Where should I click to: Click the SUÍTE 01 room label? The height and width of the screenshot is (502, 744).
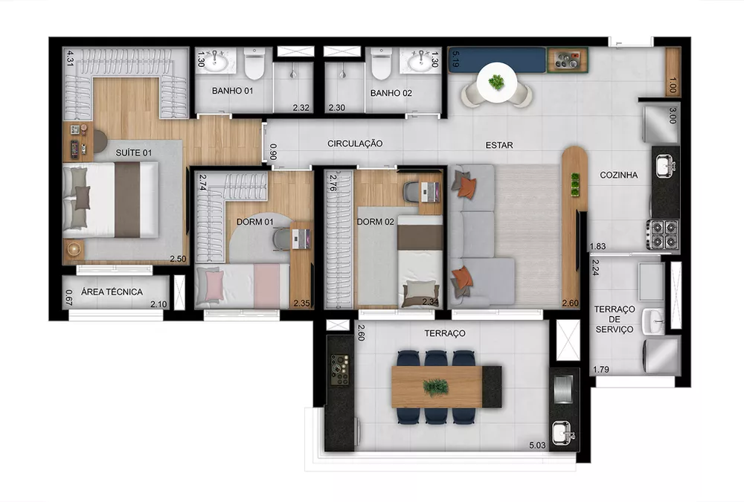[x=134, y=153]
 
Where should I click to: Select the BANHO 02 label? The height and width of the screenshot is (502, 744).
[x=391, y=93]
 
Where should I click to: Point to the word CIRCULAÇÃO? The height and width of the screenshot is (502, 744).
[x=355, y=143]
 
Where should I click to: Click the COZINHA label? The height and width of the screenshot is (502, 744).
[x=619, y=176]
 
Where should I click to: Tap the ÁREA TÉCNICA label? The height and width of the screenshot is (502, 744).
[x=112, y=292]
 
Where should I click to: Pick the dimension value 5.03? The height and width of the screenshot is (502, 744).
[x=536, y=445]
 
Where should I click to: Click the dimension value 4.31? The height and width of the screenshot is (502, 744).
[x=70, y=58]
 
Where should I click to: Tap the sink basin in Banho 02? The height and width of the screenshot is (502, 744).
[x=422, y=61]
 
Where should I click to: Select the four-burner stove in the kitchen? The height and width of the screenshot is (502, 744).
[x=662, y=234]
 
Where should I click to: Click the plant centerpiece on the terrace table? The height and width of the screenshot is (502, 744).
[x=435, y=387]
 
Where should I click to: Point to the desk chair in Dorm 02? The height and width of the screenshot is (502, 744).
[x=413, y=192]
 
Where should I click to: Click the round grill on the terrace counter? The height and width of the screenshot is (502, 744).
[x=339, y=367]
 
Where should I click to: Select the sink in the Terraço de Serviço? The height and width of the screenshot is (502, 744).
[x=653, y=321]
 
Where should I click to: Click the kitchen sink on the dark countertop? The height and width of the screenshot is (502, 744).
[x=664, y=165]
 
